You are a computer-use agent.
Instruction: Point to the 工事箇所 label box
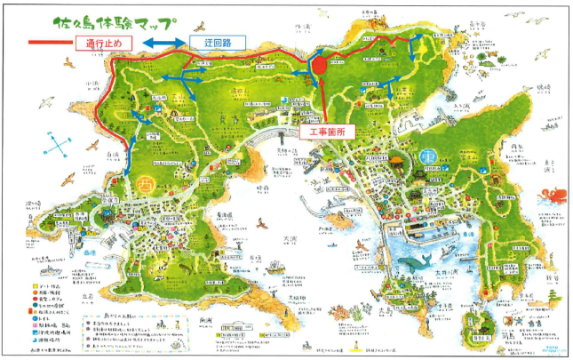[x=322, y=132]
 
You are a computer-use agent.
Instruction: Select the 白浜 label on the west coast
[x=112, y=153]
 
